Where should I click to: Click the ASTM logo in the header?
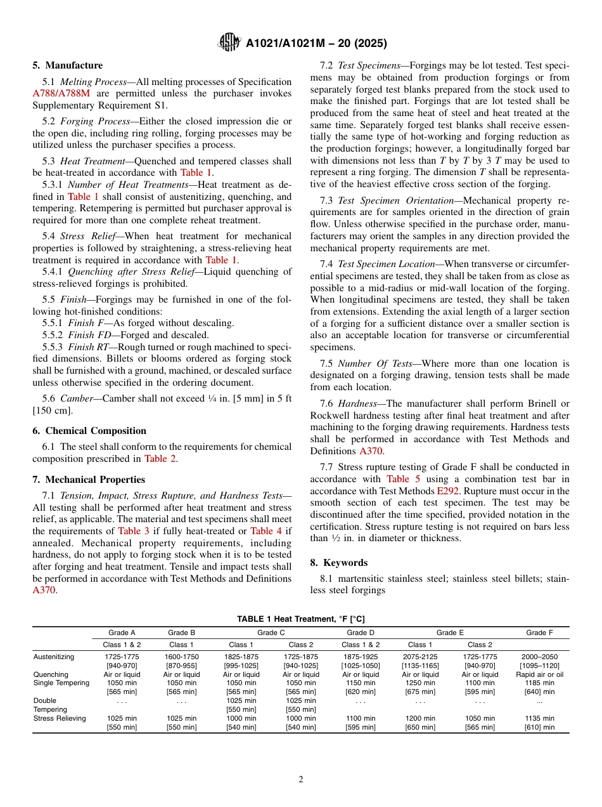click(229, 43)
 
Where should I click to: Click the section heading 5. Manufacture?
click(68, 65)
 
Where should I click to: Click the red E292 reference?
click(447, 491)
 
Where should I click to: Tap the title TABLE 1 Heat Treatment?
click(300, 619)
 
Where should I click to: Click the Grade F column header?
click(539, 633)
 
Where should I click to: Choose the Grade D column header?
click(361, 633)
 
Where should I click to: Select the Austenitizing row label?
click(54, 657)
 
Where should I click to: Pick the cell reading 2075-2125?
click(420, 657)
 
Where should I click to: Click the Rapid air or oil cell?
click(539, 674)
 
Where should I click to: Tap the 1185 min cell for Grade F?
click(539, 683)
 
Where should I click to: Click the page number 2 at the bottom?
click(301, 780)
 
